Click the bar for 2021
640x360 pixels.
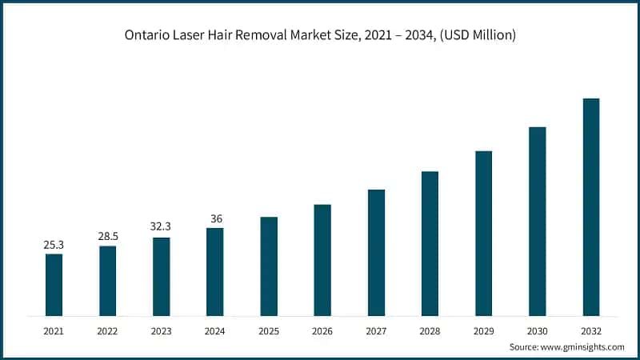(x=54, y=284)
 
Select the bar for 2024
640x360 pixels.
(x=214, y=271)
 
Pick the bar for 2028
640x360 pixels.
(x=430, y=243)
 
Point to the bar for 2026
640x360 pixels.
(x=322, y=259)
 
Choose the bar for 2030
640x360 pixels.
(x=537, y=221)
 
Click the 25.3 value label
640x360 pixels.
(x=54, y=245)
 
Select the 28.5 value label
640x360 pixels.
(x=107, y=237)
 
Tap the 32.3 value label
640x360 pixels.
(x=161, y=227)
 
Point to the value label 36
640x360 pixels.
(x=214, y=218)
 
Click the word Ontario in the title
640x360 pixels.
(x=147, y=35)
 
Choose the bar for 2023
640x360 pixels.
(x=161, y=276)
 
